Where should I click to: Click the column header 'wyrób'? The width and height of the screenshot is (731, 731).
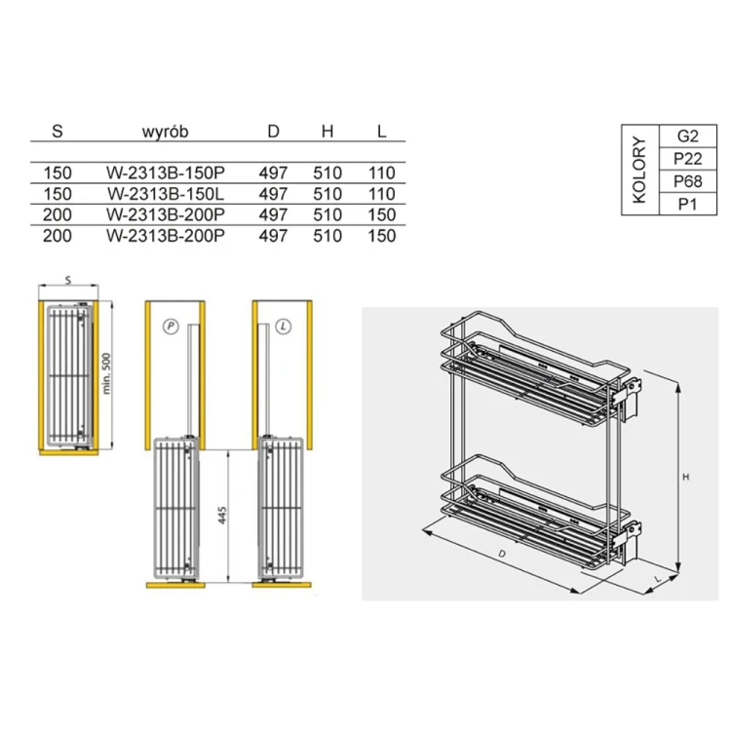point(165,132)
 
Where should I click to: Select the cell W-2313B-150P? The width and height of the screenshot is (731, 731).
point(166,173)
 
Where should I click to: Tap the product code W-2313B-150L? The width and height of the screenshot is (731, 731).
point(166,194)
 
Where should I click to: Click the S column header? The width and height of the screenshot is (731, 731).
point(58,132)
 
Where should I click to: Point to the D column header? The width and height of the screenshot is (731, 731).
point(273,132)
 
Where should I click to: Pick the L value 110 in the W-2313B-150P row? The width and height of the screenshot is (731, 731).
point(382,173)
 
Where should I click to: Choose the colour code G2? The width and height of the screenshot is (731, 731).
point(688,136)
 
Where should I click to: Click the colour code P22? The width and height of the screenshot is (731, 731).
point(688,159)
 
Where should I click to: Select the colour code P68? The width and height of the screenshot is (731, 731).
point(688,181)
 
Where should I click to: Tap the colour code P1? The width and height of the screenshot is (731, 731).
point(688,205)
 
